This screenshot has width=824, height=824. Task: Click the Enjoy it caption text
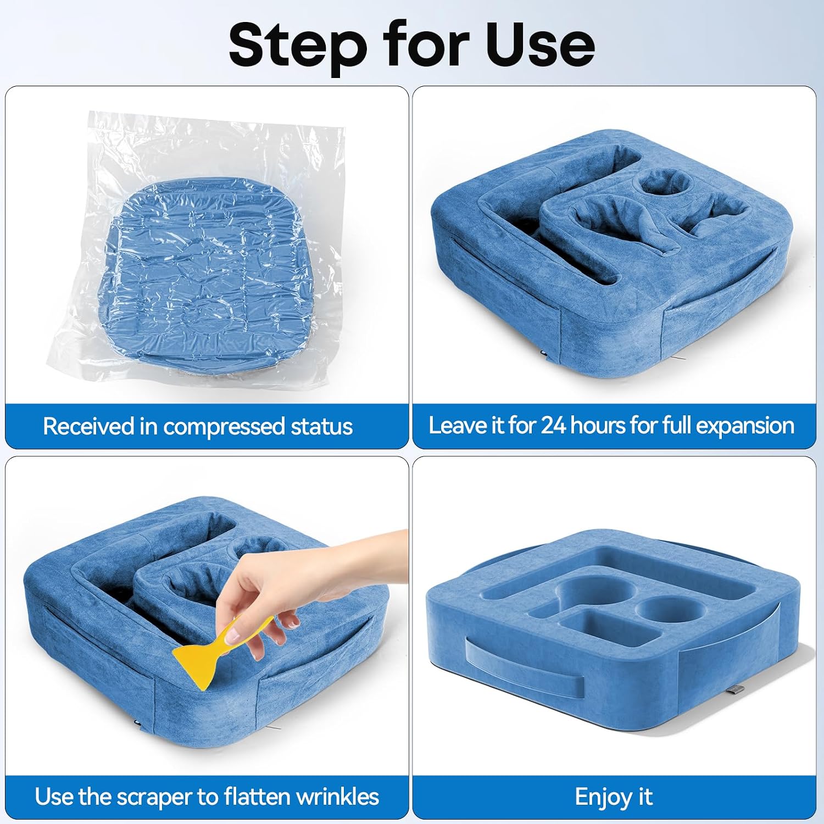614,798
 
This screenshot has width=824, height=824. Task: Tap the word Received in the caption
89,426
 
